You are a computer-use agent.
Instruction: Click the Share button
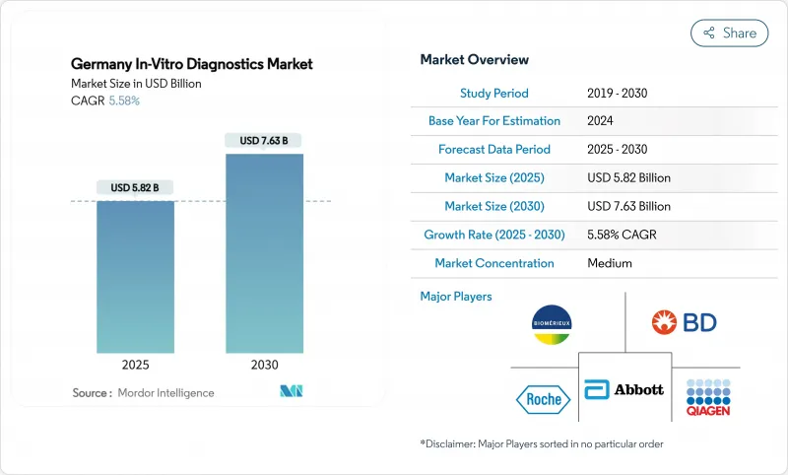[x=729, y=33]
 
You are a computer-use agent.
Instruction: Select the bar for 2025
[x=135, y=276]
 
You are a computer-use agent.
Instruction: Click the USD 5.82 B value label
[x=135, y=187]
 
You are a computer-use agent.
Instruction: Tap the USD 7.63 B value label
[x=264, y=140]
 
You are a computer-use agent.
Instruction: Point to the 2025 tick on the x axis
[x=135, y=365]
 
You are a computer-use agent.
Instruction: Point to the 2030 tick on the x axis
[x=264, y=365]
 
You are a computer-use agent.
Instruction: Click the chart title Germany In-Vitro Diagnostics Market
[x=191, y=64]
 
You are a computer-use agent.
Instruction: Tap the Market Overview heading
[x=474, y=60]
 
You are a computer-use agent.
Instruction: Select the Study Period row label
[x=493, y=93]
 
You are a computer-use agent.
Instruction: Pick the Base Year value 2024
[x=602, y=121]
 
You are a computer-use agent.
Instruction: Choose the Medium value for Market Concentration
[x=609, y=263]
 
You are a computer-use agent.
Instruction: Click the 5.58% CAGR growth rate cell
[x=627, y=235]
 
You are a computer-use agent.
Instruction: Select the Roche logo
[x=543, y=399]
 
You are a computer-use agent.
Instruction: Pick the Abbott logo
[x=624, y=389]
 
